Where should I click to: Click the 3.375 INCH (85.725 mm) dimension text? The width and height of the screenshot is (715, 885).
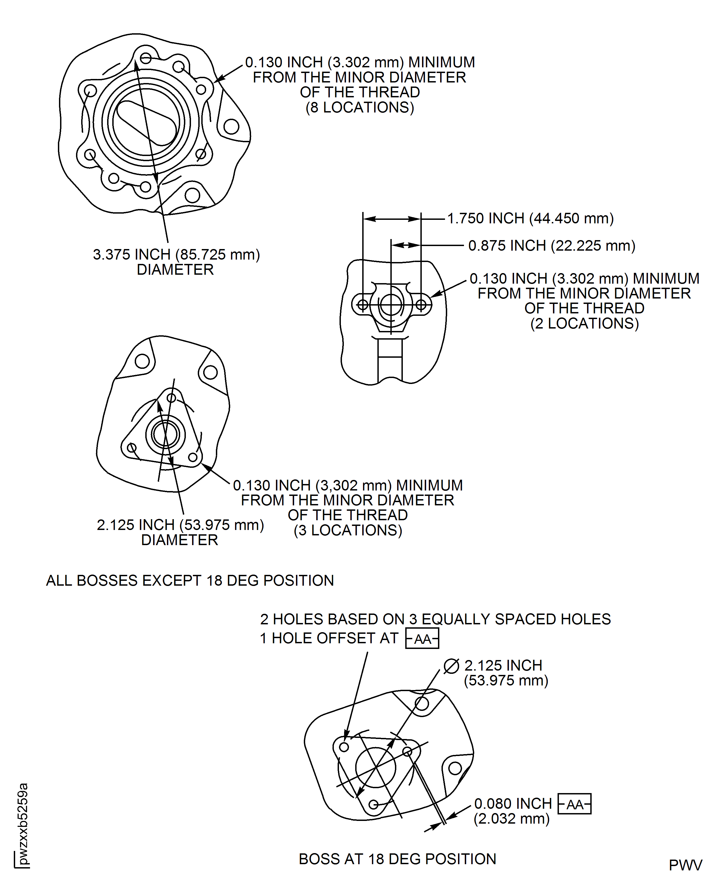(176, 254)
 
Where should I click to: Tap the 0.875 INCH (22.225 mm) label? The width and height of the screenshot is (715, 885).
(552, 246)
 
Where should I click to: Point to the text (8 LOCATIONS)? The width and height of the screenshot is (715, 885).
(360, 107)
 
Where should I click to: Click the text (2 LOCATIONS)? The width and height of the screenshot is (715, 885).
(584, 324)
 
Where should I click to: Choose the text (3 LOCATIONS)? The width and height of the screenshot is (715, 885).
(348, 530)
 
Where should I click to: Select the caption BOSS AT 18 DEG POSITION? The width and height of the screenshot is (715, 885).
(397, 859)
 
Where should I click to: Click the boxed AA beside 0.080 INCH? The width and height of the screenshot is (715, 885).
(574, 804)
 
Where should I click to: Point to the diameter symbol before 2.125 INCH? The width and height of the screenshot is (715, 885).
(451, 666)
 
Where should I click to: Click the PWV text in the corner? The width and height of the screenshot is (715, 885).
(685, 865)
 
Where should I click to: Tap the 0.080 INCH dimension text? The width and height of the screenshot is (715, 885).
(513, 804)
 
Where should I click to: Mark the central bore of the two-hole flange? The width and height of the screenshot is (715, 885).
(391, 305)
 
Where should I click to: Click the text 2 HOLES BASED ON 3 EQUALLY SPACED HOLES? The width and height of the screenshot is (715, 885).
(435, 619)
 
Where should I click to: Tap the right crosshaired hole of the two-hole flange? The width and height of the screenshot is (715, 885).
(421, 305)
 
